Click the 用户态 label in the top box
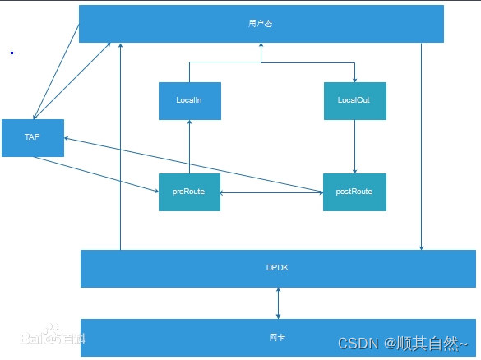261,24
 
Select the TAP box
32,137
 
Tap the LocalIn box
189,100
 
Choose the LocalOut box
354,100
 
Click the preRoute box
189,192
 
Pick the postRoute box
354,192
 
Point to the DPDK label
278,269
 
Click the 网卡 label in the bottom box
278,337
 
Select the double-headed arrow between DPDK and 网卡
278,303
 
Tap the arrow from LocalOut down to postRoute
354,146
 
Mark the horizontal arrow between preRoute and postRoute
271,192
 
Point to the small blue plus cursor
12,53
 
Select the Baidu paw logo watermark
51,335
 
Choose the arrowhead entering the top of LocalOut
354,79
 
